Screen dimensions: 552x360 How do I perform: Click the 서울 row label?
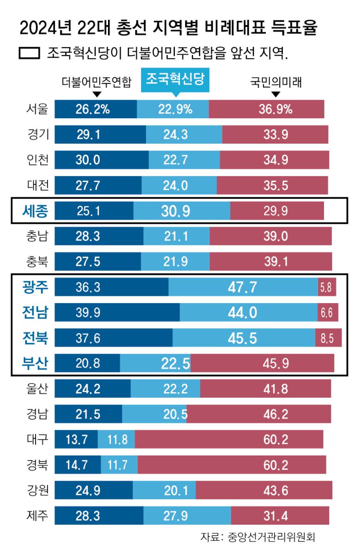37,109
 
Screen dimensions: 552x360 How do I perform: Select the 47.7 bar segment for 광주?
243,287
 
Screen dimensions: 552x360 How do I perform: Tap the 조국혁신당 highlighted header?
175,80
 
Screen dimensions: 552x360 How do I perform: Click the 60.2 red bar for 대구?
229,439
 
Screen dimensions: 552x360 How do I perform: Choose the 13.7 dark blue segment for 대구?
76,439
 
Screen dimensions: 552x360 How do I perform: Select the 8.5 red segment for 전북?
328,338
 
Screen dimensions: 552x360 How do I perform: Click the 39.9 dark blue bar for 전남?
117,312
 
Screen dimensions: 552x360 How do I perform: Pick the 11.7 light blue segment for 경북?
119,465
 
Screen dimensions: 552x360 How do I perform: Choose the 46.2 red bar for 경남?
258,414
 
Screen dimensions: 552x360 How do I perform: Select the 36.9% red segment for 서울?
266,109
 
